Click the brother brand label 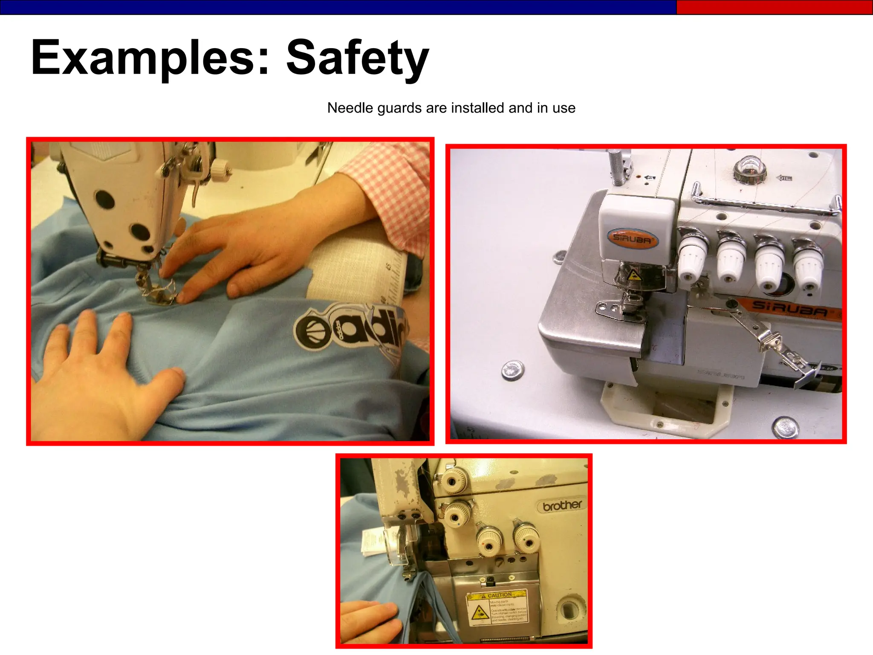click(x=562, y=506)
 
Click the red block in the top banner click(x=774, y=7)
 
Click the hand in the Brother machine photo click(x=369, y=621)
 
